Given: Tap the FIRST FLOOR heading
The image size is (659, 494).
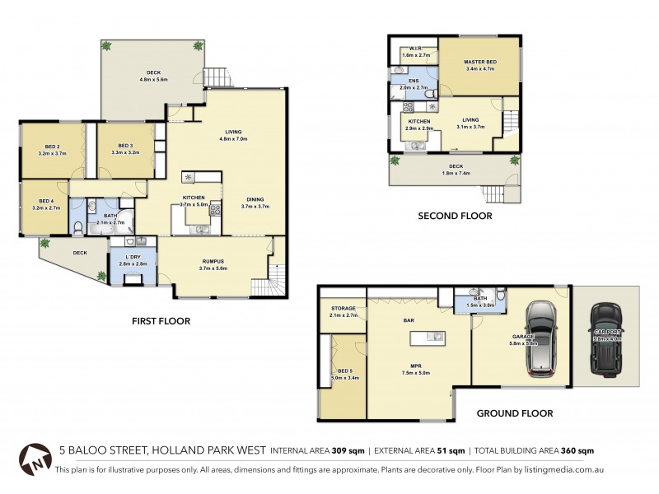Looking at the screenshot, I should pyautogui.click(x=162, y=321).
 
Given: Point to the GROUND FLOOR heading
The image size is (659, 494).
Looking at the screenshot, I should pyautogui.click(x=516, y=413).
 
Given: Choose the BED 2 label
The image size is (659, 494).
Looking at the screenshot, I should pyautogui.click(x=51, y=148).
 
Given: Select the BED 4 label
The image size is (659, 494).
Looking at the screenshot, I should pyautogui.click(x=45, y=204).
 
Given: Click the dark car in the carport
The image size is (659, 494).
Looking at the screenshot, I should pyautogui.click(x=607, y=335).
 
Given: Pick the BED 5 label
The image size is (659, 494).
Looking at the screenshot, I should pyautogui.click(x=343, y=373).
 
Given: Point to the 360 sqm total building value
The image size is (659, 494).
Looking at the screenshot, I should pyautogui.click(x=577, y=451).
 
